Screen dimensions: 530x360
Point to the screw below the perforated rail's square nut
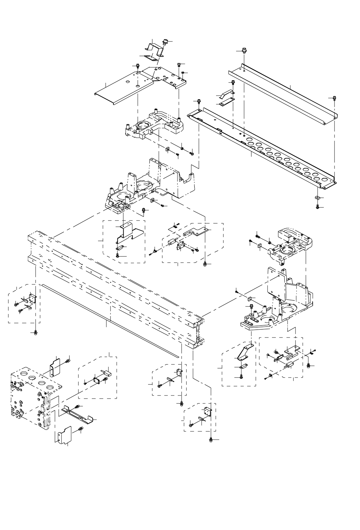(318, 207)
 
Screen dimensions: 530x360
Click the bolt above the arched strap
(233, 82)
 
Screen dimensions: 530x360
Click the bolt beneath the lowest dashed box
(211, 440)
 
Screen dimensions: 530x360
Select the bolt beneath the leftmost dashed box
(36, 332)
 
